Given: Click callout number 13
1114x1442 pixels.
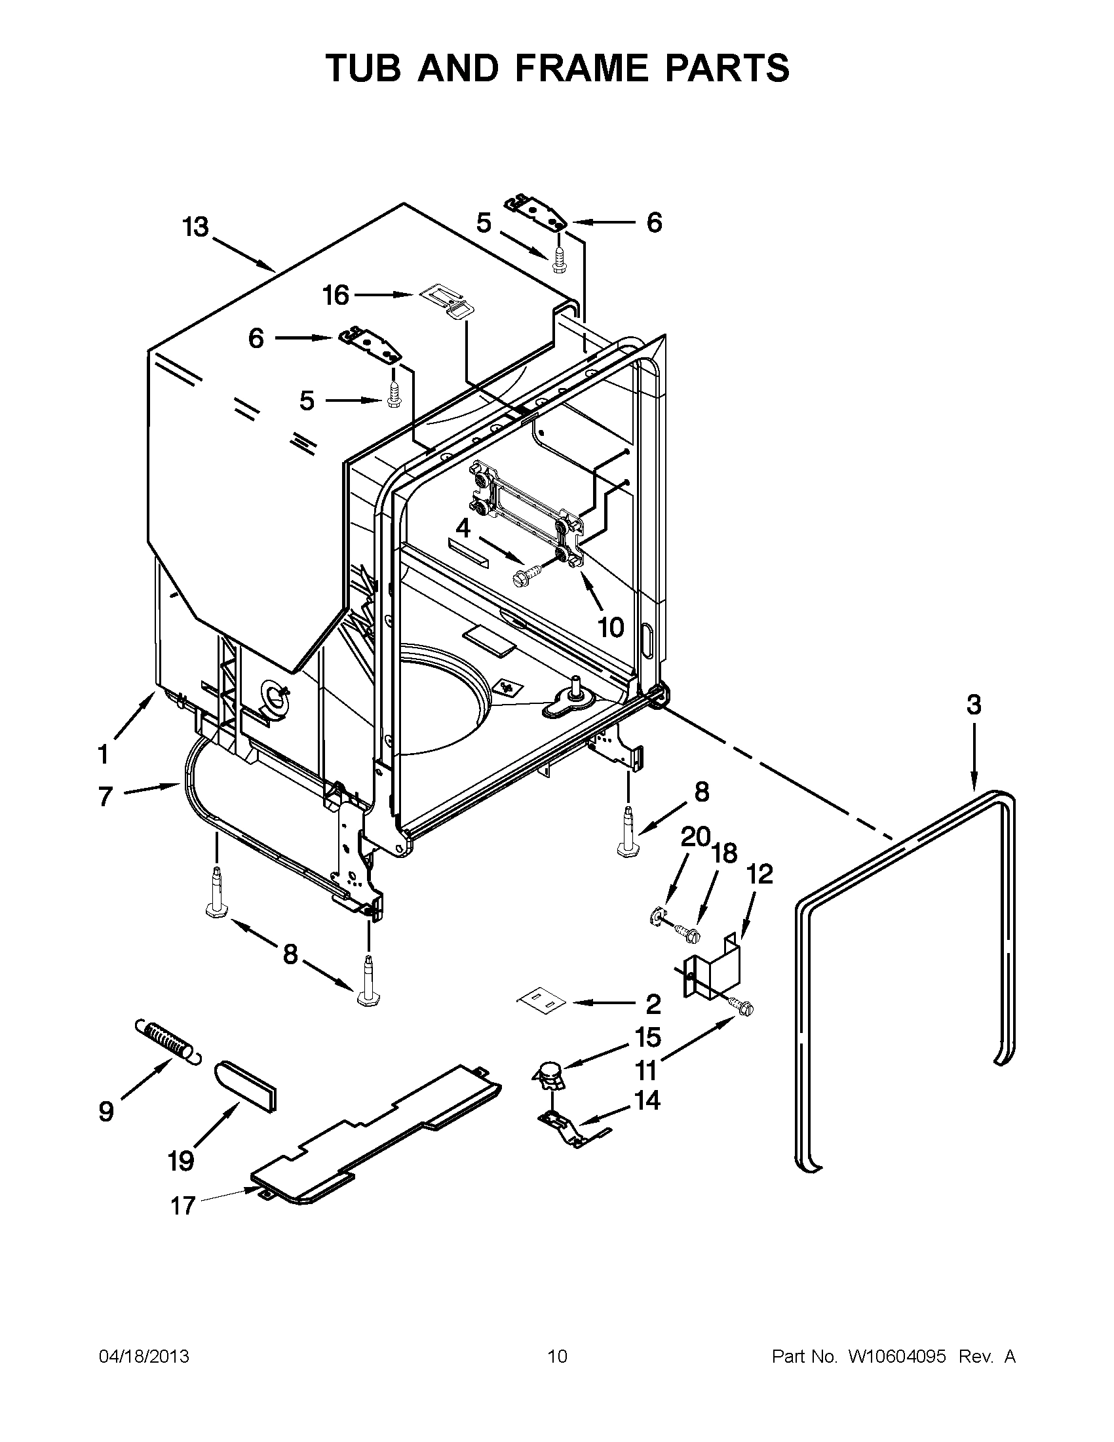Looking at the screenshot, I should pyautogui.click(x=195, y=227).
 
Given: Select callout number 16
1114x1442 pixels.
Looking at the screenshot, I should pyautogui.click(x=336, y=295).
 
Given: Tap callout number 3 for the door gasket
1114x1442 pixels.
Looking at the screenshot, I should pyautogui.click(x=973, y=705).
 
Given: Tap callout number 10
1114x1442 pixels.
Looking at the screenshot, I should pyautogui.click(x=611, y=627).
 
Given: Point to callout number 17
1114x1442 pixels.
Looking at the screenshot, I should pyautogui.click(x=183, y=1205).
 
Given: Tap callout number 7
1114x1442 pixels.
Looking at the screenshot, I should pyautogui.click(x=105, y=796).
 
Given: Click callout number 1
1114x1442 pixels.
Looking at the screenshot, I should pyautogui.click(x=103, y=754).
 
